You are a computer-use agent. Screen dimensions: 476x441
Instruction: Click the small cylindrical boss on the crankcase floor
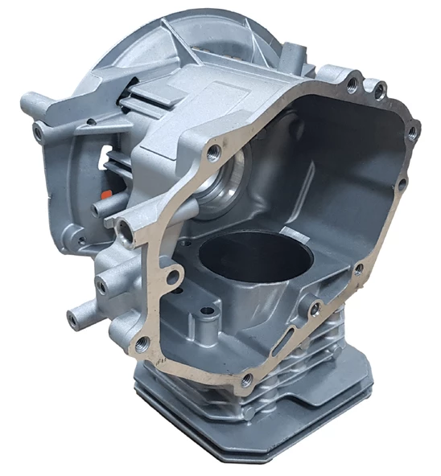tap(208, 311)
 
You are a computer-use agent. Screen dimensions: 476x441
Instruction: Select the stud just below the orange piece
tap(101, 210)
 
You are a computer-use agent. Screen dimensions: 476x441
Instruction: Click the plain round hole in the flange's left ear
tap(171, 277)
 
